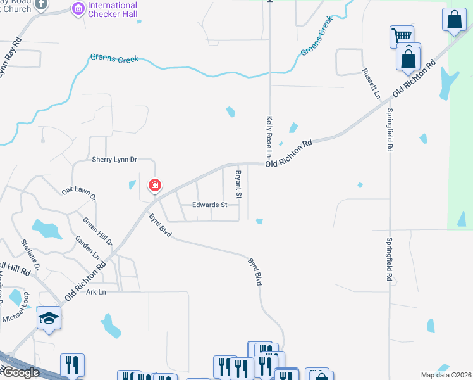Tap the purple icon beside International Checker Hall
point(78,9)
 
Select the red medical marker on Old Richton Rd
point(154,186)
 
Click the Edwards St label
point(210,205)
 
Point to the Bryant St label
point(239,184)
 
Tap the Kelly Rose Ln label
point(269,137)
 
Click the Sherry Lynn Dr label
point(114,160)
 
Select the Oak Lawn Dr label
point(79,194)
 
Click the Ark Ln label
point(96,291)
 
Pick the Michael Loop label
point(17,308)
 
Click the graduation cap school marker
point(49,319)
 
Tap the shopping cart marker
point(402,37)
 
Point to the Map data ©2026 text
point(446,375)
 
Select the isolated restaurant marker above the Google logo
point(71,365)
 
